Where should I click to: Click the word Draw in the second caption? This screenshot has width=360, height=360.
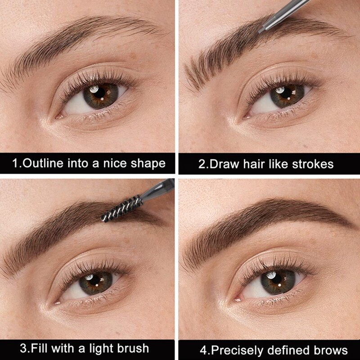pos(225,163)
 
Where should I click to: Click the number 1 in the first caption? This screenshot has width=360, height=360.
pos(14,162)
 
